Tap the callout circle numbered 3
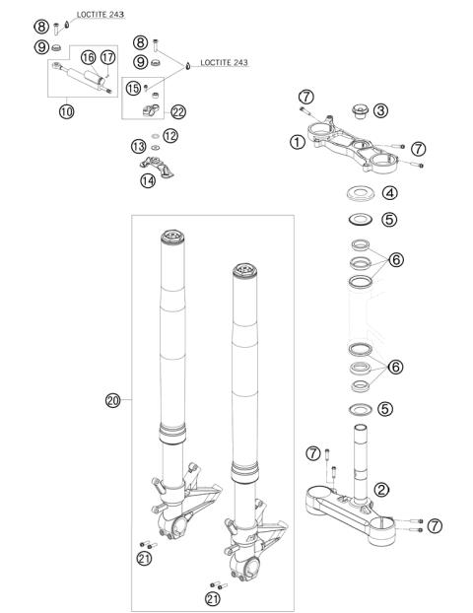click(380, 110)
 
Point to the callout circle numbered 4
click(390, 193)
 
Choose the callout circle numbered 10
click(67, 111)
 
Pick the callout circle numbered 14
click(147, 180)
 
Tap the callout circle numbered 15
click(133, 89)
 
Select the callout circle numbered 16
click(88, 58)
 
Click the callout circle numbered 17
click(108, 58)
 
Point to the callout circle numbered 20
click(111, 400)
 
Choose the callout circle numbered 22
click(178, 110)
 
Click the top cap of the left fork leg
click(170, 238)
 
